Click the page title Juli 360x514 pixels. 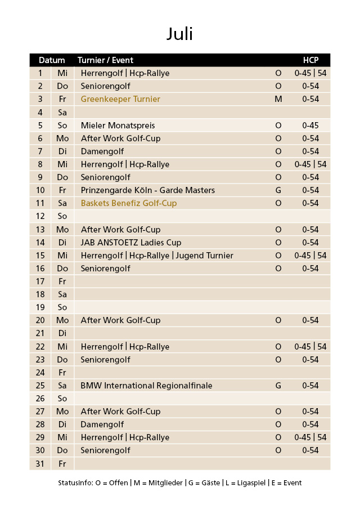179,34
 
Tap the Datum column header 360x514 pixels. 52,60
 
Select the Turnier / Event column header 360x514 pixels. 105,60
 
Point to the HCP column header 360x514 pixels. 310,60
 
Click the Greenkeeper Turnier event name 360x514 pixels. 120,99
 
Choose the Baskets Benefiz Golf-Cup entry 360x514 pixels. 128,203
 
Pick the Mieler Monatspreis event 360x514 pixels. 118,125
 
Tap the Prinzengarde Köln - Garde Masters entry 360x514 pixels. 147,190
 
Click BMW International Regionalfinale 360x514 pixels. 146,386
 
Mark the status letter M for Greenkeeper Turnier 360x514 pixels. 278,99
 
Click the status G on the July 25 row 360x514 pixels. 278,386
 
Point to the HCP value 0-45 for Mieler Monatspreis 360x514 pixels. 310,125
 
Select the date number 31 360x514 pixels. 40,464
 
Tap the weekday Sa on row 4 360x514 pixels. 62,112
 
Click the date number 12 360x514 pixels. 40,216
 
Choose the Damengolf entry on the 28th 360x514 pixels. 102,424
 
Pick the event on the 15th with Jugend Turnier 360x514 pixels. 157,256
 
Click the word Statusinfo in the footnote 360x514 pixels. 75,483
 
